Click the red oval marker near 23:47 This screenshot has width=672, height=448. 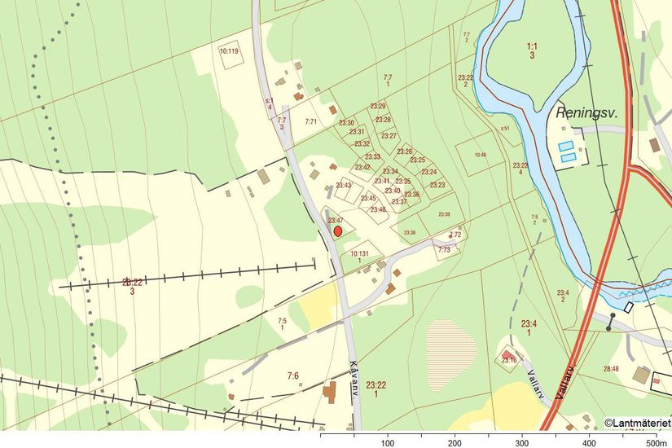click(338, 231)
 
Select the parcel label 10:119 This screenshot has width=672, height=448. click(229, 51)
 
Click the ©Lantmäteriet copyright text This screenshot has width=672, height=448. click(637, 422)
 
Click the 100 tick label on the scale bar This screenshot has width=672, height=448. click(388, 442)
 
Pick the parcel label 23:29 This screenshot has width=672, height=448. click(378, 107)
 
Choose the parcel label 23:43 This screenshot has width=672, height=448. click(344, 186)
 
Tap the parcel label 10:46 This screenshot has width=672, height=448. click(480, 155)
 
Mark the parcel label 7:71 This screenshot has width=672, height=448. click(310, 122)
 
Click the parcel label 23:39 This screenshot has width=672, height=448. click(444, 214)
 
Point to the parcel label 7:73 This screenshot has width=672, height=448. click(444, 250)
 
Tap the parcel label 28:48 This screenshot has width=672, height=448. click(610, 369)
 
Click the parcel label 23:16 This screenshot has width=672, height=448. click(509, 360)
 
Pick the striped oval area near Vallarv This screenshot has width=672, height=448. click(451, 342)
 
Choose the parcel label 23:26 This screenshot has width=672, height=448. click(405, 152)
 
